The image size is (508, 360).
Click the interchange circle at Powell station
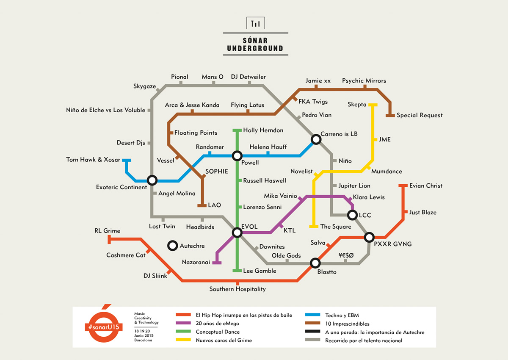237,156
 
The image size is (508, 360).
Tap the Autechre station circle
172,246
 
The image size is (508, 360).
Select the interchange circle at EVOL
237,232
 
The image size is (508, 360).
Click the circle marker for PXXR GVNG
370,237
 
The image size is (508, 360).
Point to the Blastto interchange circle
315,263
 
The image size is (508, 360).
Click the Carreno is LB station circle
316,139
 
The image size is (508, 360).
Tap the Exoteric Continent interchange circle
152,180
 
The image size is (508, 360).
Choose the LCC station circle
352,215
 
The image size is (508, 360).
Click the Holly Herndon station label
263,130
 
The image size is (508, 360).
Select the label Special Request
420,115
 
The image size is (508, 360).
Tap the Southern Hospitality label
237,289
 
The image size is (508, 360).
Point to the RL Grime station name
107,231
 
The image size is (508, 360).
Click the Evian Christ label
425,186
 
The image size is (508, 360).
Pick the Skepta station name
357,105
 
